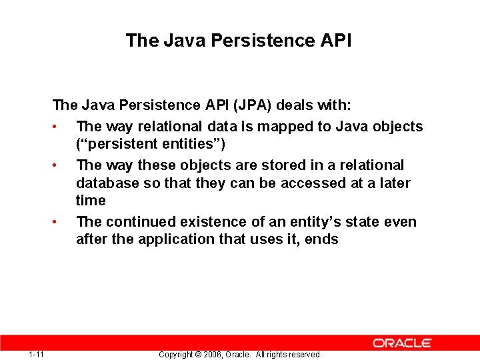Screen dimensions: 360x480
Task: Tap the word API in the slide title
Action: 335,41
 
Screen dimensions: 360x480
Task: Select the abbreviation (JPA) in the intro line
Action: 253,105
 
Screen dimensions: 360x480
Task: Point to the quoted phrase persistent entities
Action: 161,144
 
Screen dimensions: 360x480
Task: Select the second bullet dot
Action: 60,165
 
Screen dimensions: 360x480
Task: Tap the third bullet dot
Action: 60,222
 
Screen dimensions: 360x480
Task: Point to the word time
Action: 91,201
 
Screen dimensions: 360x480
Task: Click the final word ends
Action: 321,239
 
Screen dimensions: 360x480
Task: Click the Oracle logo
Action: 402,343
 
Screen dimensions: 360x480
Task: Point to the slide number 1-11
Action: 37,354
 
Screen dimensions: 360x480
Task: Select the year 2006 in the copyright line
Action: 211,355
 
